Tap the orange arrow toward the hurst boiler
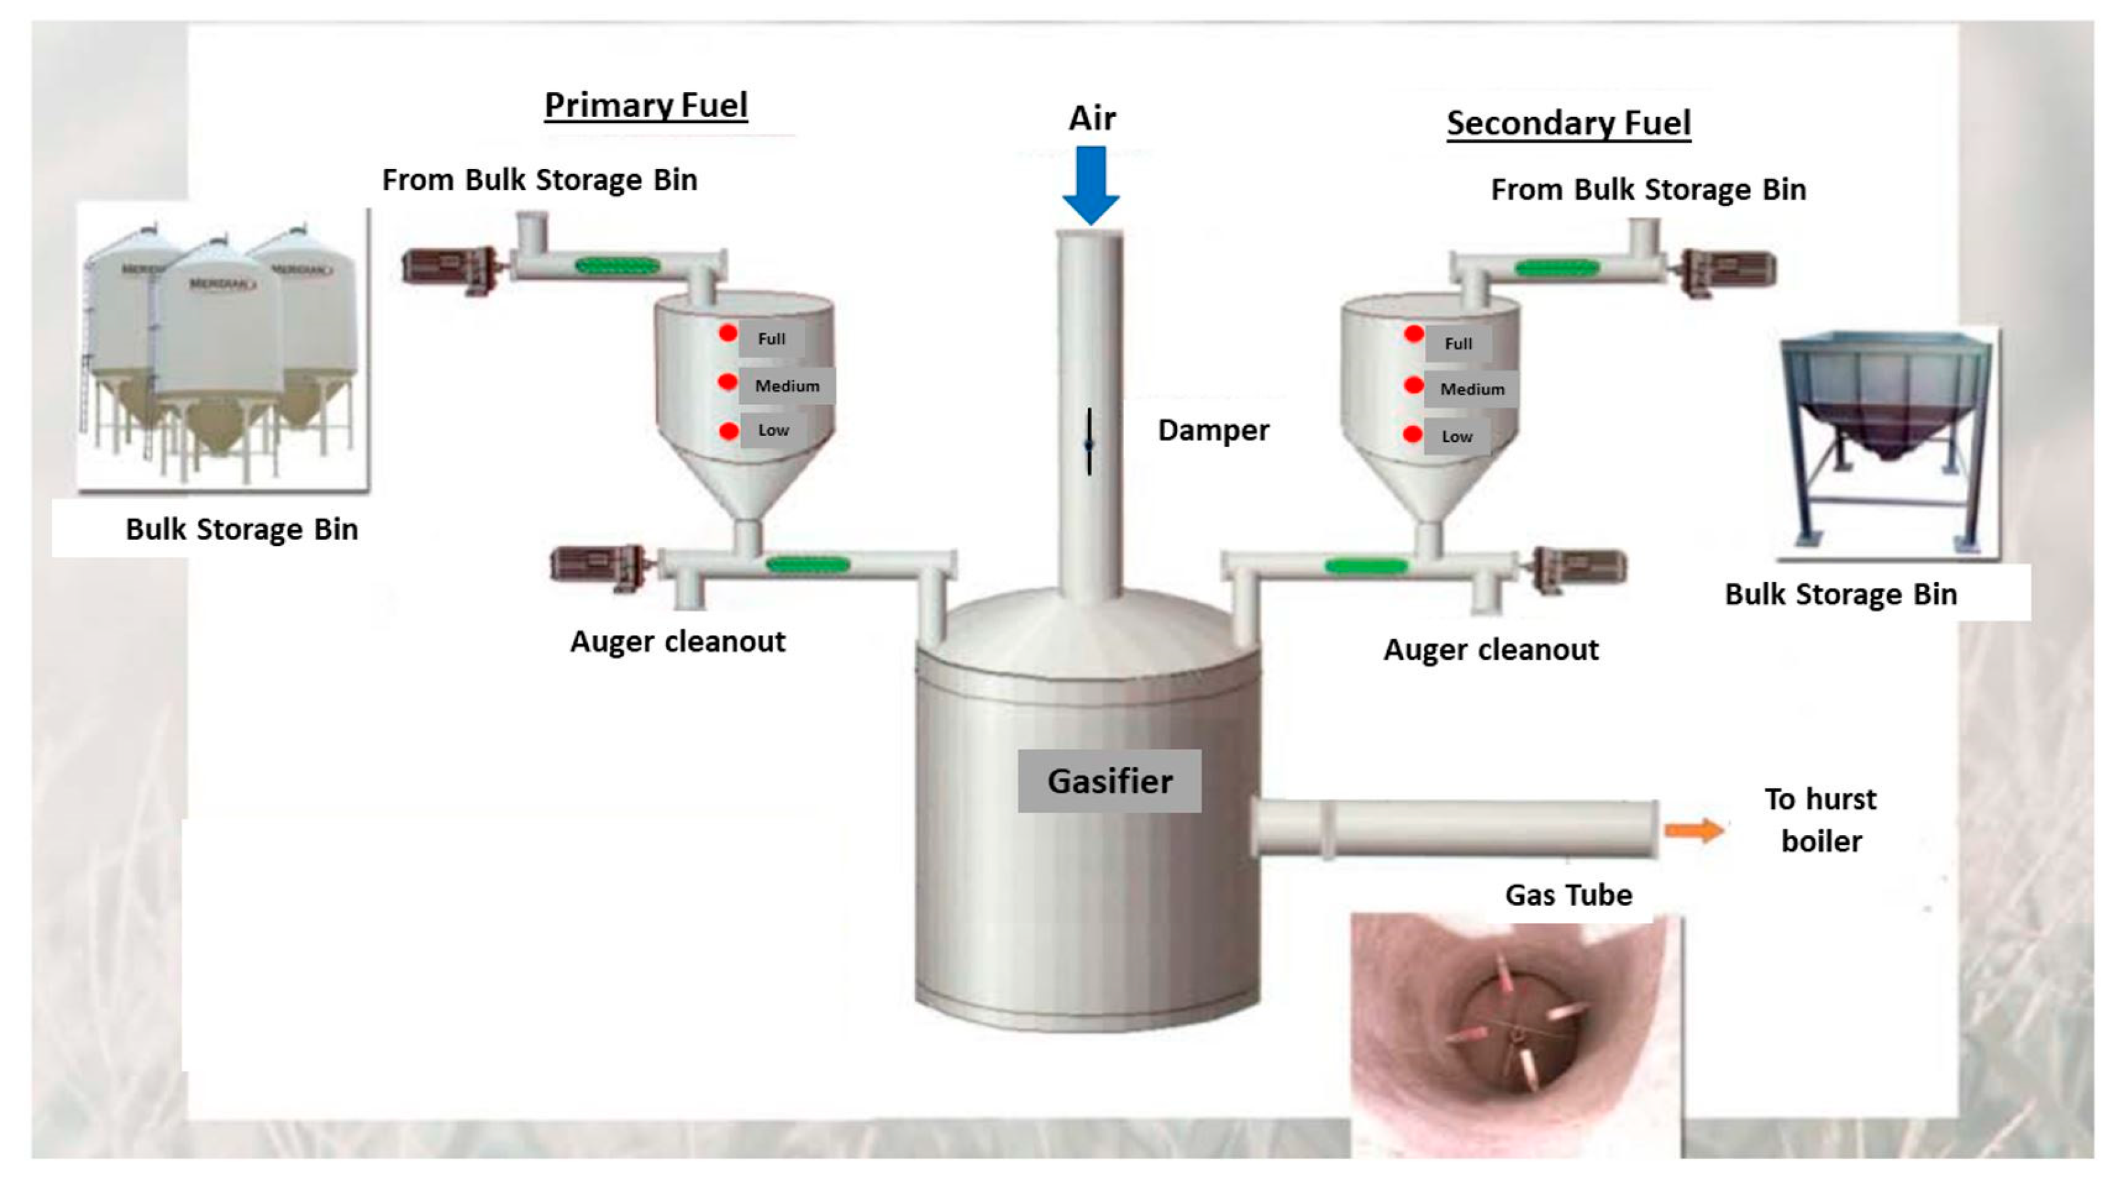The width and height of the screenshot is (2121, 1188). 1694,830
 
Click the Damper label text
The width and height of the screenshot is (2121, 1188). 1214,430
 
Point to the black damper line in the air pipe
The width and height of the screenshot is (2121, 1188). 1089,442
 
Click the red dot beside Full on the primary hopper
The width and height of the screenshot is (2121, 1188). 728,333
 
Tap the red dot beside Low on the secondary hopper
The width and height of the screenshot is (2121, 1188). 1413,434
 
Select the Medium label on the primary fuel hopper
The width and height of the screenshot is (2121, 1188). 787,386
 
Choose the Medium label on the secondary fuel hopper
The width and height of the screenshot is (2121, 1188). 1472,389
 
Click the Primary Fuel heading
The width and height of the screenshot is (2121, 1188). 646,105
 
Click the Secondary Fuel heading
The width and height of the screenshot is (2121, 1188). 1568,124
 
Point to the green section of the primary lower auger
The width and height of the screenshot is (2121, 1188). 808,565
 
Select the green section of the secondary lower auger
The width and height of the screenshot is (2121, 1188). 1367,566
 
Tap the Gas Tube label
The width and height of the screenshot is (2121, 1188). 1568,894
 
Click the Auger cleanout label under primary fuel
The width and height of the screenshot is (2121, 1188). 678,641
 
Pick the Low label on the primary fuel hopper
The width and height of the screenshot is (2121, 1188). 773,430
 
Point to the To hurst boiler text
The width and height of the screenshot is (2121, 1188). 1821,820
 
